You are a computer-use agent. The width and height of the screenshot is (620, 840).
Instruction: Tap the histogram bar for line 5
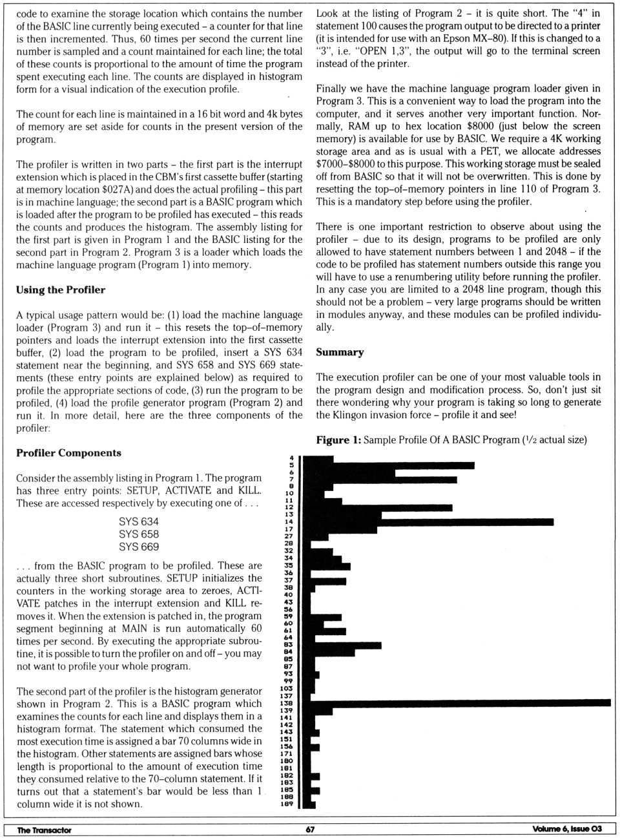click(x=387, y=465)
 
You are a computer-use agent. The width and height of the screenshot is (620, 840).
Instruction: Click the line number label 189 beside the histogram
click(x=287, y=804)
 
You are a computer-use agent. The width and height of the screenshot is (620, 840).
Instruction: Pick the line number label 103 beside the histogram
click(x=287, y=689)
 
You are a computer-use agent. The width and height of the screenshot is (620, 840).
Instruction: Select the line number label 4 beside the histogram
click(x=291, y=458)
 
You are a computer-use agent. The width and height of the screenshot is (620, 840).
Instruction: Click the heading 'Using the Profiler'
click(x=61, y=289)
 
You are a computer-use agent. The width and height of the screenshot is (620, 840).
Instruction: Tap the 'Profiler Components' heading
click(x=68, y=453)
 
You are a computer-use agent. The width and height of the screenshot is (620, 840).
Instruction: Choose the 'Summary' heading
click(x=340, y=352)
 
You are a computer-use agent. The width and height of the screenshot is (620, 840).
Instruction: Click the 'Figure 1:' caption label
click(x=338, y=440)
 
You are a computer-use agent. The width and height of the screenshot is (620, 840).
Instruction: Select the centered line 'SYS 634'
click(x=138, y=521)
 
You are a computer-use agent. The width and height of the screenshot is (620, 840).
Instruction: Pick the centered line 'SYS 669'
click(x=138, y=547)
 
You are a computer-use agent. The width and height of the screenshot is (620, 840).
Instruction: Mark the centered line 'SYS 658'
click(x=138, y=534)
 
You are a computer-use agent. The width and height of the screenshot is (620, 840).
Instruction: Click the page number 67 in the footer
click(x=310, y=830)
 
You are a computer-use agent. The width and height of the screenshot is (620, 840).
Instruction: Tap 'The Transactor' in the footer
click(x=44, y=830)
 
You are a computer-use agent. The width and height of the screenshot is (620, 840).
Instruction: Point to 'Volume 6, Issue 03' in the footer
click(x=567, y=829)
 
